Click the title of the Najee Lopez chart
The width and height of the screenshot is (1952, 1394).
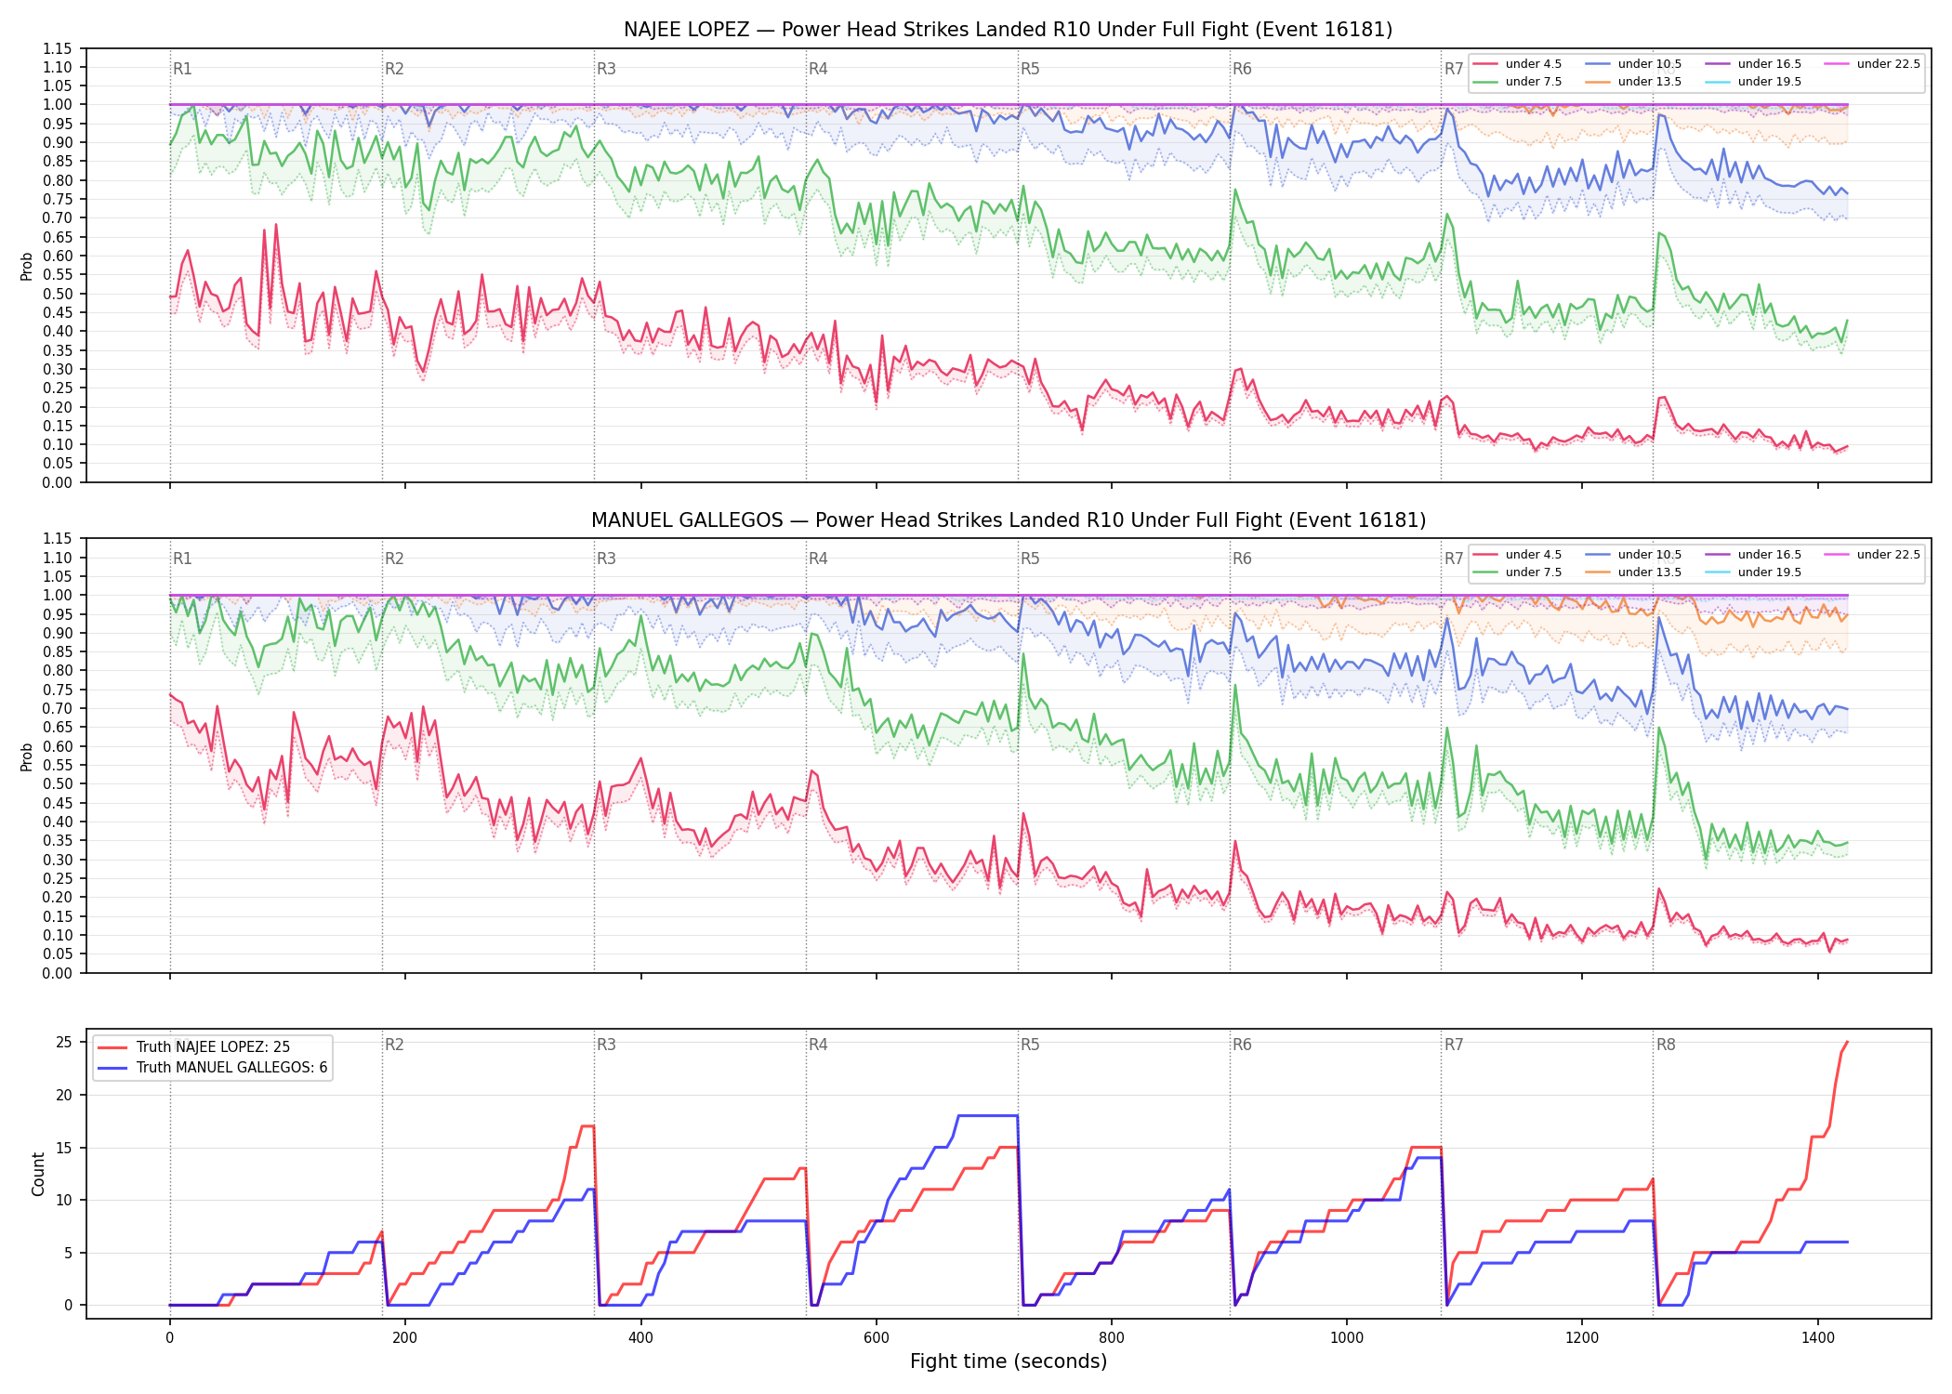(1008, 30)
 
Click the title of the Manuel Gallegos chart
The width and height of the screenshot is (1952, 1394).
(1008, 520)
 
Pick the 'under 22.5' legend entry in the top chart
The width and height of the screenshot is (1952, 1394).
(1872, 64)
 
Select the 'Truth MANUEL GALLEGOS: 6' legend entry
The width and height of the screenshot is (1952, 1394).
(212, 1068)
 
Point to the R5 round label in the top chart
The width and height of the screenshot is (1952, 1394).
(1030, 69)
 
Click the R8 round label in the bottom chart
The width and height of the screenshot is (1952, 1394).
(1666, 1045)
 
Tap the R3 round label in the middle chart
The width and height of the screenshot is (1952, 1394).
(606, 559)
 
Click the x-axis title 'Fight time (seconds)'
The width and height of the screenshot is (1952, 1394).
(1009, 1361)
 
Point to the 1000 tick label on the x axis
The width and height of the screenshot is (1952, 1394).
(1347, 1338)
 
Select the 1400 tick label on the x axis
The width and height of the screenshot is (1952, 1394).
(1818, 1338)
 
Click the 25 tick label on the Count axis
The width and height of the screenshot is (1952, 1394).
(64, 1043)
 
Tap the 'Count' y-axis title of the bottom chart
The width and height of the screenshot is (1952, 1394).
(38, 1175)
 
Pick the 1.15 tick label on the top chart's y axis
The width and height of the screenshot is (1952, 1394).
(58, 48)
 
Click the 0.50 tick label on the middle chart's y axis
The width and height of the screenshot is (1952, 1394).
(58, 783)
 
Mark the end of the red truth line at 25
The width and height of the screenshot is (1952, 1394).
(1847, 1043)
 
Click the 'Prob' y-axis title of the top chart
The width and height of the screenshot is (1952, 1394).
(27, 267)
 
